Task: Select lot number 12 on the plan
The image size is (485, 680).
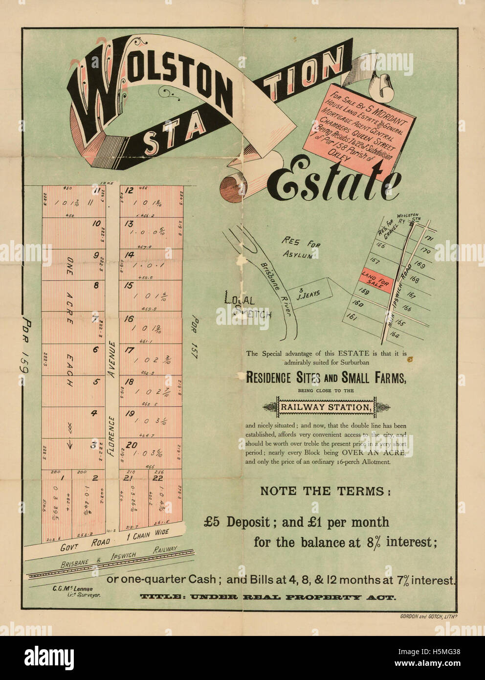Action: (x=129, y=191)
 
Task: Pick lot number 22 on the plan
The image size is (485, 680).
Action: (x=157, y=478)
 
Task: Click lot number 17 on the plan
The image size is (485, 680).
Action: (x=129, y=350)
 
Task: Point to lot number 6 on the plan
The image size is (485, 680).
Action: (x=96, y=350)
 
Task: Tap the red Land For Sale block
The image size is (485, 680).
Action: (x=375, y=278)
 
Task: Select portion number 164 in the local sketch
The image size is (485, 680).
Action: (x=395, y=336)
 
